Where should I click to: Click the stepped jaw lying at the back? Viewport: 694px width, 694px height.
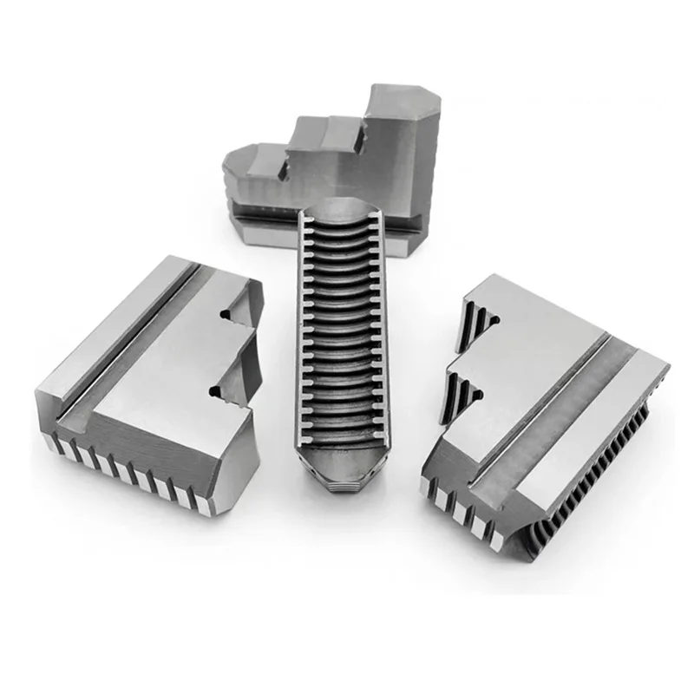point(338,165)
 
